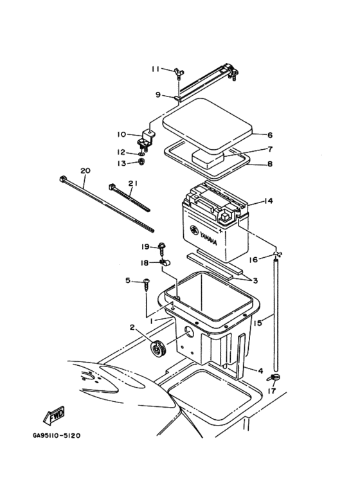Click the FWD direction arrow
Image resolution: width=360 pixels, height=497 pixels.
click(54, 415)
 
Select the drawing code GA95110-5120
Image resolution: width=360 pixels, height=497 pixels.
click(57, 435)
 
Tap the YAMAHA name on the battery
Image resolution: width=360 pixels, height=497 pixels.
click(208, 238)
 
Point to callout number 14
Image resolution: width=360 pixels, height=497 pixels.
click(269, 201)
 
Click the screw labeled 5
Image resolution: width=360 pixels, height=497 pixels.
click(147, 285)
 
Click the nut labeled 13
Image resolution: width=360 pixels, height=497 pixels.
click(142, 162)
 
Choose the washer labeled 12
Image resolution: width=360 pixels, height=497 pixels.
click(141, 154)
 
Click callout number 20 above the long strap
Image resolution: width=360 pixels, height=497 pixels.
click(85, 171)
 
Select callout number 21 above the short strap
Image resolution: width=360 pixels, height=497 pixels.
click(132, 183)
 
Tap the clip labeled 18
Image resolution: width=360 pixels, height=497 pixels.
click(165, 262)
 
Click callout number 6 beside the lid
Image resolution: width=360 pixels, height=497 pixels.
click(270, 135)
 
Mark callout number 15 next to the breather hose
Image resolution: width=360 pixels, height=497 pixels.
click(258, 323)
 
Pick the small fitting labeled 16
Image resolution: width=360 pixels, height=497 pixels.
click(277, 254)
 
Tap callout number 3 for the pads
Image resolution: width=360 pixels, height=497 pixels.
click(255, 280)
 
